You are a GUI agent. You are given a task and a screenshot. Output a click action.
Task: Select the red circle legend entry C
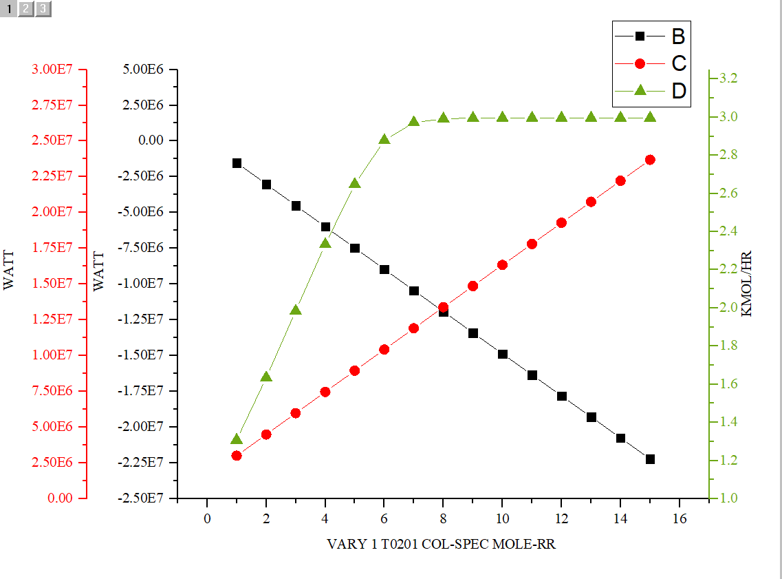(650, 63)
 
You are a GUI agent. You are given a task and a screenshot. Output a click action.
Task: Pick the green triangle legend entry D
(650, 90)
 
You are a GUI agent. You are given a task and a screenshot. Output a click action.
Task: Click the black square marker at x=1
(237, 163)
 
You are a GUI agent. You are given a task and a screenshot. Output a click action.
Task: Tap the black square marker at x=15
(650, 459)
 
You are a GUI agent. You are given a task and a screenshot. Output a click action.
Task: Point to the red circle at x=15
(650, 160)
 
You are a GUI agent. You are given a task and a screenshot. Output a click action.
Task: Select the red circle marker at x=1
(237, 455)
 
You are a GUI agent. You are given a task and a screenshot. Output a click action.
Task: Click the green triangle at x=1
(237, 439)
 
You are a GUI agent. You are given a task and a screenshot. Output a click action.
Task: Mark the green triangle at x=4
(325, 243)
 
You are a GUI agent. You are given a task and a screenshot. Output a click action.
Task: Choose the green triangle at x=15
(650, 117)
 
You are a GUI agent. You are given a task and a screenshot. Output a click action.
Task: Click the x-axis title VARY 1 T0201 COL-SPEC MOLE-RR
(441, 545)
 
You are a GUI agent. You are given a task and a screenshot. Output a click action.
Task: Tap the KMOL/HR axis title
(747, 283)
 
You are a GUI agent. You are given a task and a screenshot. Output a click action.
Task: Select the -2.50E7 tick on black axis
(140, 498)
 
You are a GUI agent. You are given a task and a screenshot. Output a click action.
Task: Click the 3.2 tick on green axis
(728, 78)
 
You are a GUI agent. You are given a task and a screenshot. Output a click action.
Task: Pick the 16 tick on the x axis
(680, 518)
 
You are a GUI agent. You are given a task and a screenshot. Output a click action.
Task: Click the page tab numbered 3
(43, 9)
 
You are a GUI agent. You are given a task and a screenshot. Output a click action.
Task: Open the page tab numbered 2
(25, 9)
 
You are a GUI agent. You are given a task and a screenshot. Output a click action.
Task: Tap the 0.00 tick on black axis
(149, 140)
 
